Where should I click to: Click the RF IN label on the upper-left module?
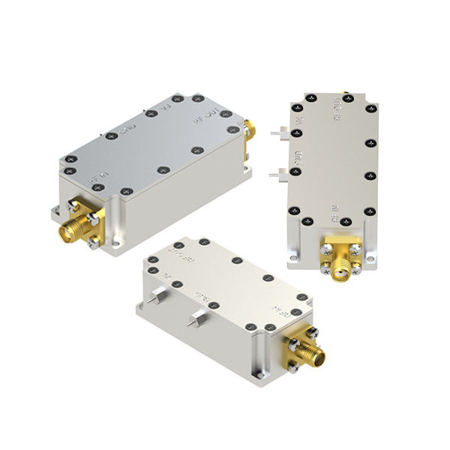tap(96, 180)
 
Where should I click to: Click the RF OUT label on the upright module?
tap(335, 114)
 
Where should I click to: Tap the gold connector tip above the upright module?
tap(347, 95)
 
